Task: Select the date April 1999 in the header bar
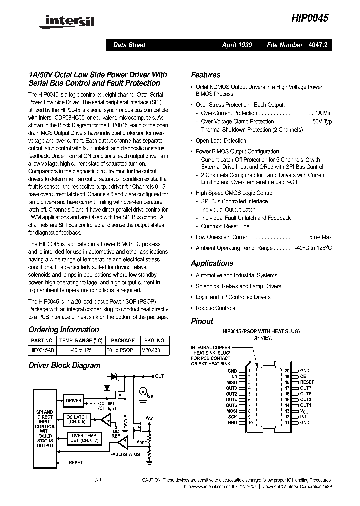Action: click(x=237, y=45)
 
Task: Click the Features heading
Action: click(x=205, y=75)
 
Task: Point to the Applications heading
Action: click(x=212, y=263)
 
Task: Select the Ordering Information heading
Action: click(x=64, y=330)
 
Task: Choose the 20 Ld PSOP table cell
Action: click(x=120, y=351)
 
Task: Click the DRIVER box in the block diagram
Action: click(x=73, y=401)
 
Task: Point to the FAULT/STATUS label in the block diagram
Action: click(x=125, y=454)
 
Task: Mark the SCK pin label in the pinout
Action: click(x=232, y=417)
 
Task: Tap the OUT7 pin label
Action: click(x=305, y=388)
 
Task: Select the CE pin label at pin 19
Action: click(x=303, y=377)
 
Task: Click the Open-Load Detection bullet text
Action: click(x=221, y=141)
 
